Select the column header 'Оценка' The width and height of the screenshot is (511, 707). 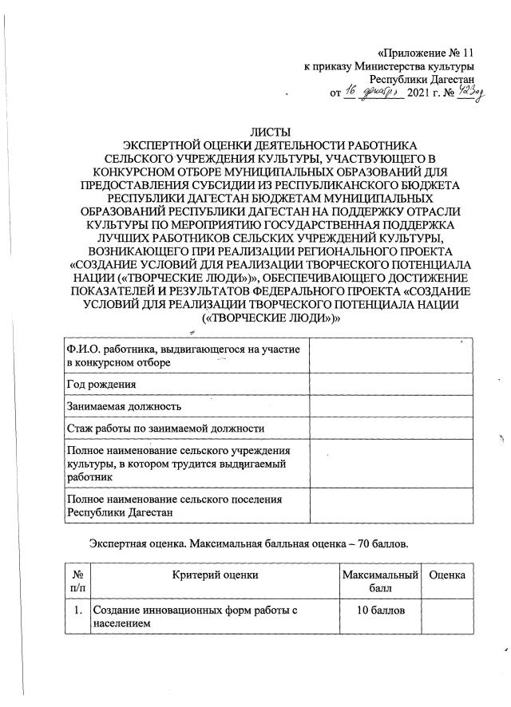point(448,575)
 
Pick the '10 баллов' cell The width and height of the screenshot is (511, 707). point(380,611)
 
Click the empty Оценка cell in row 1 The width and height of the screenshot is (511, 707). point(448,618)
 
